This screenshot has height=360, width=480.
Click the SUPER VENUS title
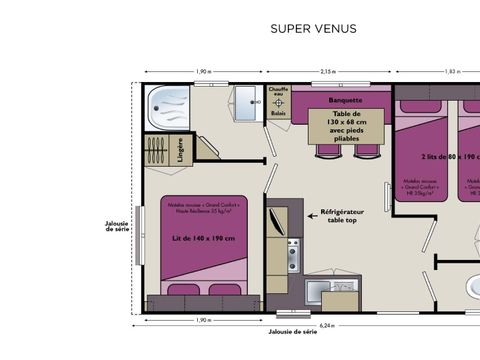(312, 29)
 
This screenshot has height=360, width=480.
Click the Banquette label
(344, 100)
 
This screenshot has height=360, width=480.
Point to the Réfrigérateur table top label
(345, 217)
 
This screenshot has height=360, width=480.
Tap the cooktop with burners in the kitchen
(292, 254)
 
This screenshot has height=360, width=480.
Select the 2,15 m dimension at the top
(328, 72)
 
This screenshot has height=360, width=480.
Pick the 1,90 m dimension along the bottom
(203, 321)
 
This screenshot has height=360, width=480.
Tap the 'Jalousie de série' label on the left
(118, 226)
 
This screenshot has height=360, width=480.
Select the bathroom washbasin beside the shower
(243, 103)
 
